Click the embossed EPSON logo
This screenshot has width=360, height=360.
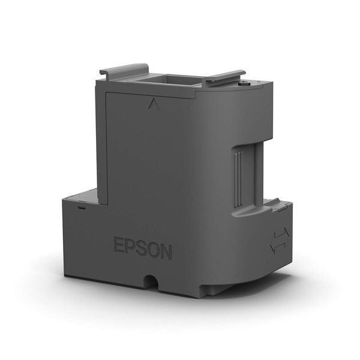click(x=142, y=248)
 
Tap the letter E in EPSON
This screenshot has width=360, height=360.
click(x=119, y=246)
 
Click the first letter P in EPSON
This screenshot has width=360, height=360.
click(x=130, y=247)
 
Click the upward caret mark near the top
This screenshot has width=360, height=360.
click(x=150, y=104)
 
